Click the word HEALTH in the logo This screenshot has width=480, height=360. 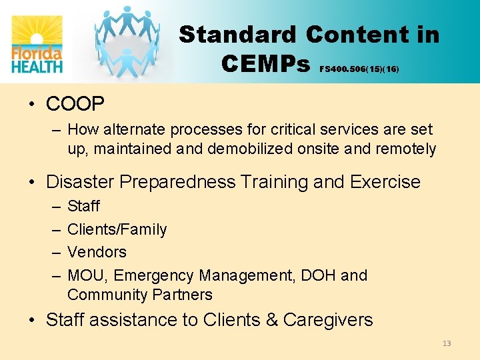point(37,65)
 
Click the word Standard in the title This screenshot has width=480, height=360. point(239,35)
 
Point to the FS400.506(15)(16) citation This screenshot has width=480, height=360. point(359,69)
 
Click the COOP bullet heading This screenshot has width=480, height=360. point(75,104)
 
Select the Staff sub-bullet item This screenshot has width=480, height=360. point(83,207)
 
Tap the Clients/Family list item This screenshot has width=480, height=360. point(117,229)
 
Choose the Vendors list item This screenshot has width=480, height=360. point(97,252)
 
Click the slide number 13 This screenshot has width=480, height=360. point(446,343)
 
